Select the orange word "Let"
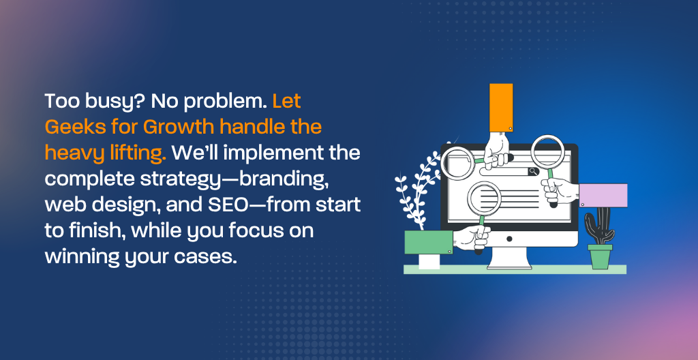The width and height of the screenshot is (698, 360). coord(287,101)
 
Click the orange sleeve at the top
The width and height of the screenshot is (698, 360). coord(501,108)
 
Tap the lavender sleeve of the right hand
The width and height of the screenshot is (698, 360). coord(603,195)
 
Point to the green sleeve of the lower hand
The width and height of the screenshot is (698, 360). coord(428,242)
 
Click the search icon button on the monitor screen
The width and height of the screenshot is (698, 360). coord(533,171)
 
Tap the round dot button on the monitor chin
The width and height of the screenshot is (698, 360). coord(509,239)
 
